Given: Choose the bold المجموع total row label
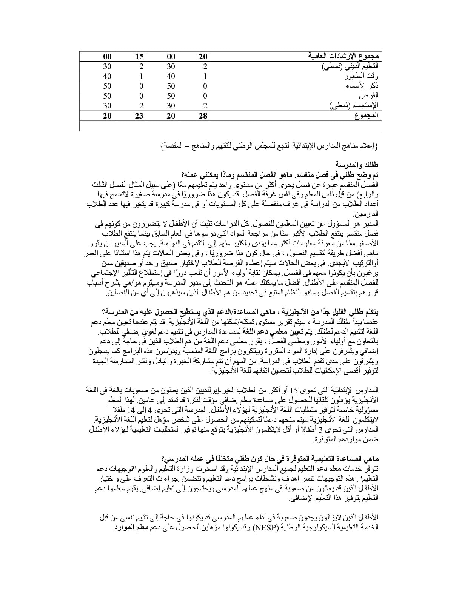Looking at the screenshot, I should coord(366,116).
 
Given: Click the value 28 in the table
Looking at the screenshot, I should coord(203,116).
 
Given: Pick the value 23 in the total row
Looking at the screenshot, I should coord(139,116).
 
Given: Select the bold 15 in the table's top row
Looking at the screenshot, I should coord(139,57).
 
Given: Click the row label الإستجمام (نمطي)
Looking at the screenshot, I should coord(353,105).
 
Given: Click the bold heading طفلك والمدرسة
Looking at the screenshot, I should coord(357,165).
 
